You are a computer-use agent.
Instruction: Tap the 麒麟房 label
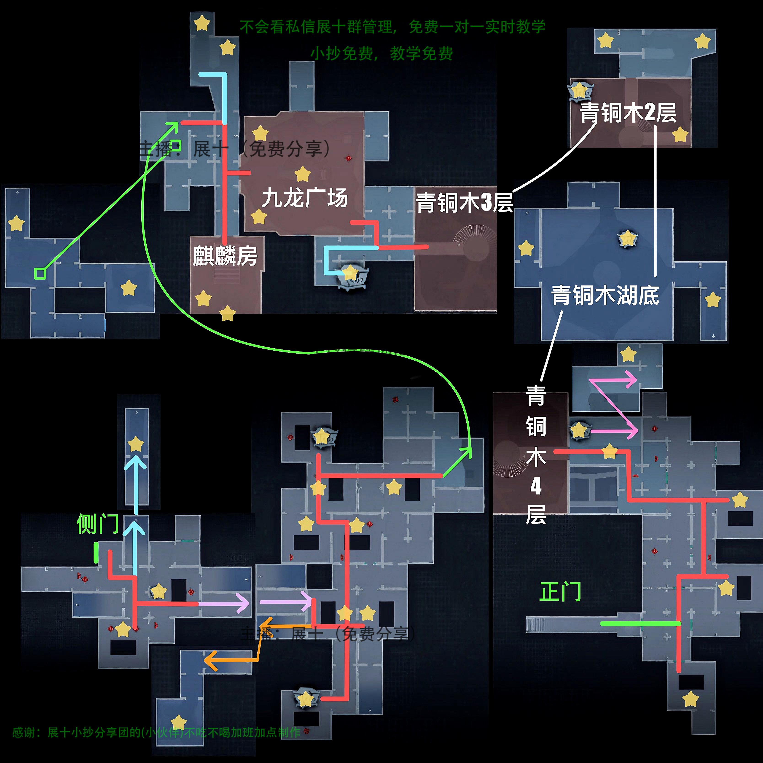point(225,256)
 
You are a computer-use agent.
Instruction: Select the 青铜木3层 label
point(465,203)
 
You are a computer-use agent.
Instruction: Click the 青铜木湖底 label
point(605,296)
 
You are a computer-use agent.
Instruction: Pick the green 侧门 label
point(97,524)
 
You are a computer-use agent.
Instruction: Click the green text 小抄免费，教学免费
point(381,53)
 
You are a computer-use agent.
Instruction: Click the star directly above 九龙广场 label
point(303,174)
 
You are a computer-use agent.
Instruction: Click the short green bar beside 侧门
point(96,552)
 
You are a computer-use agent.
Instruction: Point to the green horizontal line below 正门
point(640,623)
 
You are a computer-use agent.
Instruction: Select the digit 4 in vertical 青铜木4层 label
point(536,486)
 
